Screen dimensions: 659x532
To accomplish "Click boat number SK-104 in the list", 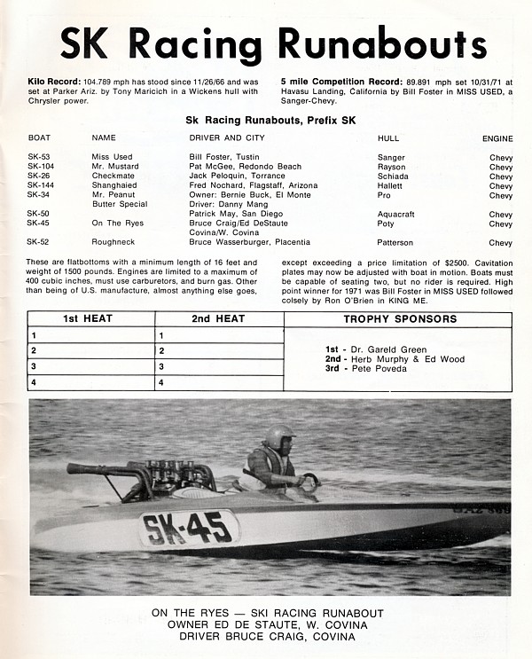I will [x=41, y=166].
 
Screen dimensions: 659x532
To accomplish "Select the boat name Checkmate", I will [x=112, y=176].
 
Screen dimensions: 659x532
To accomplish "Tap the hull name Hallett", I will [x=390, y=185].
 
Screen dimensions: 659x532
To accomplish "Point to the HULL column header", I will [x=388, y=138].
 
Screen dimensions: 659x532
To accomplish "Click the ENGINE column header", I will [x=497, y=138].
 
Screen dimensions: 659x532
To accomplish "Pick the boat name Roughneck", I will [x=113, y=242].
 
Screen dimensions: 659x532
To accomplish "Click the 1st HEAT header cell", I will [x=91, y=319].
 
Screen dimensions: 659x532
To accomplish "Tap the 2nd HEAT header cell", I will [x=219, y=319].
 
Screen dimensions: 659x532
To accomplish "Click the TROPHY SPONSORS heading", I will [x=400, y=319].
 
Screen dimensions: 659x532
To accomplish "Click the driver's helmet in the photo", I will [x=279, y=436].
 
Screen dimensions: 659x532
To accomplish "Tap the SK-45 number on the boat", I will [x=189, y=528].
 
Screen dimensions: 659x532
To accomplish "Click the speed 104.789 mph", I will [x=114, y=80].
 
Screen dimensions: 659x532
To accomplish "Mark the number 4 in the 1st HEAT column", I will [x=33, y=383].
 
